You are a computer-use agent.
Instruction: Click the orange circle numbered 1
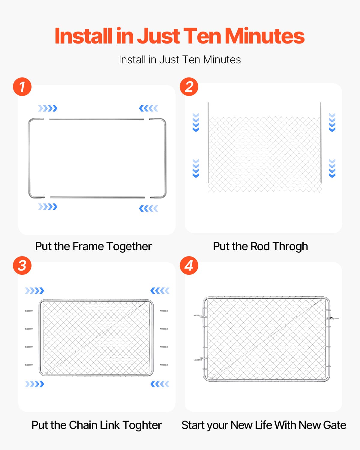(22, 87)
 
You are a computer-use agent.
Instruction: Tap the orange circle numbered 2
(189, 87)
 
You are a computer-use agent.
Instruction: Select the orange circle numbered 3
(22, 265)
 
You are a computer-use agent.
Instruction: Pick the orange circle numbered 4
(189, 265)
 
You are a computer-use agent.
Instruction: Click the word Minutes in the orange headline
(264, 36)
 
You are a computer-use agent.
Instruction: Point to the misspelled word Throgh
(290, 247)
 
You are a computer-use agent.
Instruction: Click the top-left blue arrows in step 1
(48, 108)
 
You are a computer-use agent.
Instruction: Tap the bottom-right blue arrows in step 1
(148, 208)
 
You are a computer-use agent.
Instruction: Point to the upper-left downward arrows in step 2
(196, 122)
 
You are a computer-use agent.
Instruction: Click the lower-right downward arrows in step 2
(332, 168)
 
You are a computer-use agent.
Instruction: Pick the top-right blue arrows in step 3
(160, 291)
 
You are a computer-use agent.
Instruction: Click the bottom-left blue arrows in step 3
(34, 384)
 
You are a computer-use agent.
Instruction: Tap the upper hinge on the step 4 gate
(200, 316)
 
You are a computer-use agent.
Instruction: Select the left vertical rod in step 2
(208, 143)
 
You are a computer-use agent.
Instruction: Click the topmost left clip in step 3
(29, 311)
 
